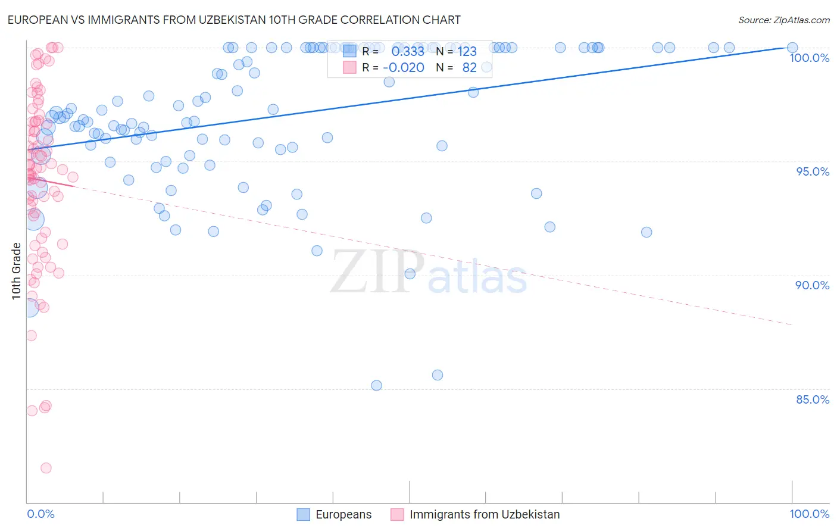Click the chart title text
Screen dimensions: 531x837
[x=234, y=20]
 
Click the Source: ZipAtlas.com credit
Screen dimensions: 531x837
[x=783, y=20]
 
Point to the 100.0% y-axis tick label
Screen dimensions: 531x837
[x=809, y=58]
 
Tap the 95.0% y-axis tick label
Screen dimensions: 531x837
[x=813, y=171]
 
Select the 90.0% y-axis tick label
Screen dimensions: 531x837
[x=813, y=285]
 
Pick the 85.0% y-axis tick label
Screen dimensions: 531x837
[x=813, y=399]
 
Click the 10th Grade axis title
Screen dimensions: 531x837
[x=16, y=271]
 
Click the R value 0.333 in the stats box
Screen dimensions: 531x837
[x=407, y=52]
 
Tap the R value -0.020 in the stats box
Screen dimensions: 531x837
[x=403, y=68]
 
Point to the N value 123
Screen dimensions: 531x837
[x=467, y=52]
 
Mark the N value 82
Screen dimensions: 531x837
[x=469, y=68]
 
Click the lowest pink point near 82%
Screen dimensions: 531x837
[x=46, y=468]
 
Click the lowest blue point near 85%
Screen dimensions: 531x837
[x=376, y=385]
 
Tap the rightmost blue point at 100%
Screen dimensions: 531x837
[x=792, y=48]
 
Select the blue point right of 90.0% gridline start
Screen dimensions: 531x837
[x=410, y=274]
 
